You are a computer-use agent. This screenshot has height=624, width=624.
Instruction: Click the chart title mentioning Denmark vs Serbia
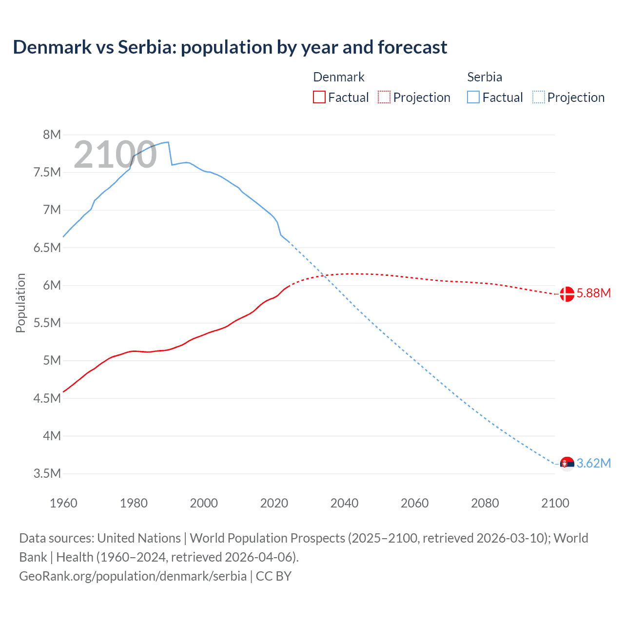230,47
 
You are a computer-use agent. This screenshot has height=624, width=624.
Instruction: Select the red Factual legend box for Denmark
319,97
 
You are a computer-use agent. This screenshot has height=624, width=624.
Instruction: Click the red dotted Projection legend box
384,97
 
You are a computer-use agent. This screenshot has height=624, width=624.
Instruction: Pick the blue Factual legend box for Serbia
473,97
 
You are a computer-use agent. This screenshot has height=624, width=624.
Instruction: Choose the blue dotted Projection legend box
539,97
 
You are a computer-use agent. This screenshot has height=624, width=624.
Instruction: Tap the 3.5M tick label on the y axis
47,473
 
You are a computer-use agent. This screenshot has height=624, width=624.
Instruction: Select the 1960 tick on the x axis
63,503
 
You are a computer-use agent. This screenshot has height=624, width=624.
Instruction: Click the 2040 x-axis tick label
344,503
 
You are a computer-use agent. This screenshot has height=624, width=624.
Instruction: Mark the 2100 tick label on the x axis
555,503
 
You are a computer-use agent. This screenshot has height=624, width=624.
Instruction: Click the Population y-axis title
20,303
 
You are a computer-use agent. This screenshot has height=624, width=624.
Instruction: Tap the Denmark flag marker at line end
566,294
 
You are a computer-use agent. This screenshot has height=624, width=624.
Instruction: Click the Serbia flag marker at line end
566,464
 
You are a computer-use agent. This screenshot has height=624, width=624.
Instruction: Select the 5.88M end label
593,293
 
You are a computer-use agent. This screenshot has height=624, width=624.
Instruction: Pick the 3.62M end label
593,463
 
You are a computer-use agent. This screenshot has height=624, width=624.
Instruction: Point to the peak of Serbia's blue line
168,142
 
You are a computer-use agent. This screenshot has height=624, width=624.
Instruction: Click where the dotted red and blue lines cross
325,276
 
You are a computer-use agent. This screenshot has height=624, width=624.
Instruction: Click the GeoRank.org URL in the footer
133,576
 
